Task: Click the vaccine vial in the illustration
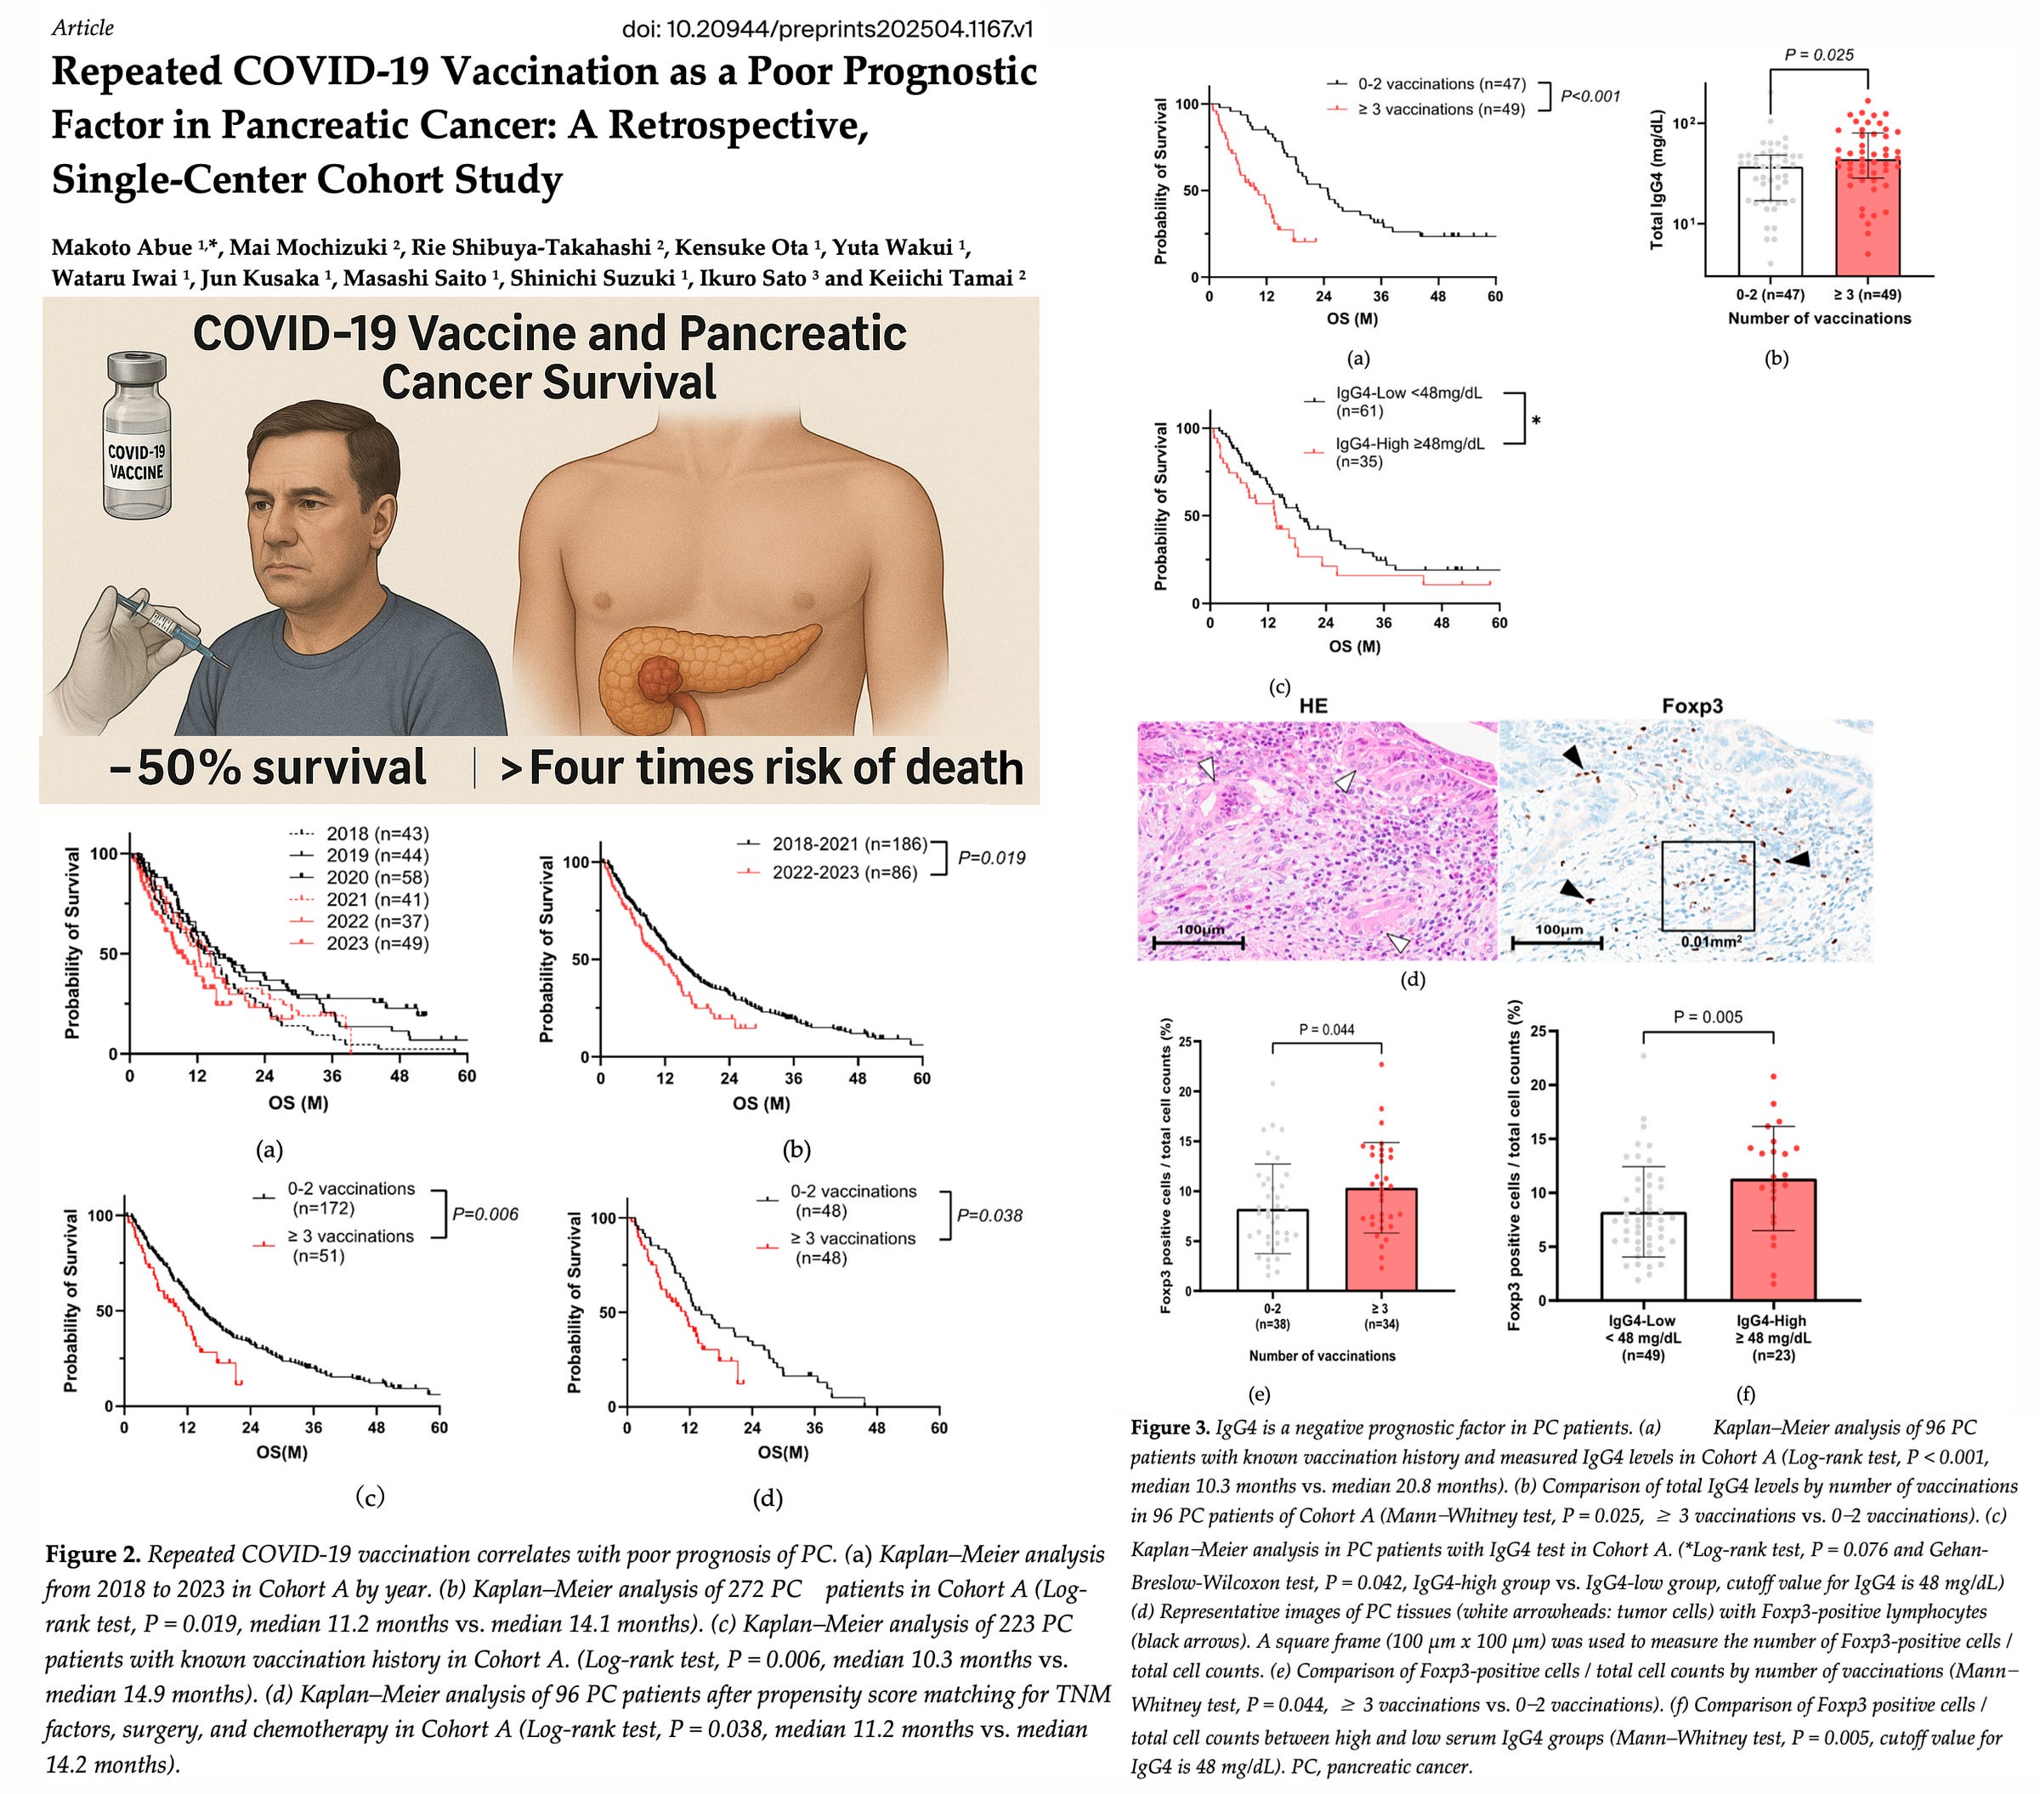pyautogui.click(x=137, y=436)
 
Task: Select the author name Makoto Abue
pyautogui.click(x=121, y=247)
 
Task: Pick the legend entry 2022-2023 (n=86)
pyautogui.click(x=844, y=872)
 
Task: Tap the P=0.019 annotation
pyautogui.click(x=991, y=857)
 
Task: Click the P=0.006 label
pyautogui.click(x=485, y=1214)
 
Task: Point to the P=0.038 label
pyautogui.click(x=989, y=1214)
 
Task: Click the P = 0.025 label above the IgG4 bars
pyautogui.click(x=1818, y=55)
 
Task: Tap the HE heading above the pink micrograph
pyautogui.click(x=1313, y=705)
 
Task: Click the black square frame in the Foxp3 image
pyautogui.click(x=1708, y=885)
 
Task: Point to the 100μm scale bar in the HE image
pyautogui.click(x=1198, y=941)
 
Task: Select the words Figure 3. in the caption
pyautogui.click(x=1169, y=1428)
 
